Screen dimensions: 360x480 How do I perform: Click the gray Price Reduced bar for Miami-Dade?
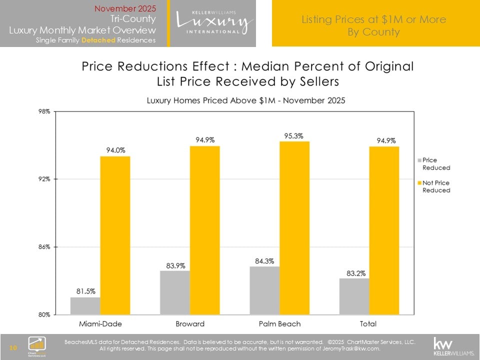pyautogui.click(x=85, y=305)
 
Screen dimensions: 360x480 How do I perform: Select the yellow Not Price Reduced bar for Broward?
pyautogui.click(x=204, y=230)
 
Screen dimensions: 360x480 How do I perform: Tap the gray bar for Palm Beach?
pyautogui.click(x=264, y=290)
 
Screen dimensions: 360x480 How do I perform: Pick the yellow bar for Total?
pyautogui.click(x=384, y=230)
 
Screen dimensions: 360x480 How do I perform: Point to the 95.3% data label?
pyautogui.click(x=294, y=135)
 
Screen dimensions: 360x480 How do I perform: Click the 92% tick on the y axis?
pyautogui.click(x=43, y=179)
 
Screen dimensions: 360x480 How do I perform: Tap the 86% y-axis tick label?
pyautogui.click(x=43, y=247)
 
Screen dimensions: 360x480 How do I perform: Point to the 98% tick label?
pyautogui.click(x=43, y=111)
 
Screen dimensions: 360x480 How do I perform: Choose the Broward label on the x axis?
pyautogui.click(x=189, y=323)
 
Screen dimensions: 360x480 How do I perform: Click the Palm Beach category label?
pyautogui.click(x=279, y=323)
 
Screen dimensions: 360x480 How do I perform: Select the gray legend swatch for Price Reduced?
pyautogui.click(x=419, y=160)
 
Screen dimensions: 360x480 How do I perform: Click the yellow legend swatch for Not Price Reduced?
pyautogui.click(x=419, y=183)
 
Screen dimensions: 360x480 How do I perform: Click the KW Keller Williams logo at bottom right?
pyautogui.click(x=452, y=346)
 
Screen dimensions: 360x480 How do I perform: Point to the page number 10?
pyautogui.click(x=13, y=347)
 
